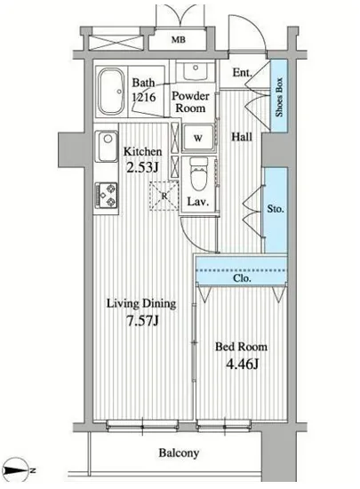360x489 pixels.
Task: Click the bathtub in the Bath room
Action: point(110,92)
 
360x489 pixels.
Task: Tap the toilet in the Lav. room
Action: point(198,174)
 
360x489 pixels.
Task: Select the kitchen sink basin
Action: point(107,146)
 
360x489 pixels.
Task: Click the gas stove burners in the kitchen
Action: point(107,196)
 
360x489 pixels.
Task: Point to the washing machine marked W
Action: point(198,138)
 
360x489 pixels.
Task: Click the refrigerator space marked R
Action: point(164,196)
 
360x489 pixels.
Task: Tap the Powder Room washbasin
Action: point(196,72)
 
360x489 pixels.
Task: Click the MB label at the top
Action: point(179,40)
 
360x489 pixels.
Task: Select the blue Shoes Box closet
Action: point(278,95)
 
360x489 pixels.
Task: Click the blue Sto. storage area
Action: point(276,210)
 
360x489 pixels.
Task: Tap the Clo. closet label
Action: point(242,278)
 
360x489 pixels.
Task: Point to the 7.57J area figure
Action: point(143,320)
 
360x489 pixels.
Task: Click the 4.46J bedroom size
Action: point(242,364)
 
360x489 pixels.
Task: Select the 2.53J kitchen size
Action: point(142,167)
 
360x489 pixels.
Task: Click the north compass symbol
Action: point(19,470)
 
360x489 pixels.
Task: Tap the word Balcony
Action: point(179,453)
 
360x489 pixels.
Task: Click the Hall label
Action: point(242,137)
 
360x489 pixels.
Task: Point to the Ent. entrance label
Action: point(242,73)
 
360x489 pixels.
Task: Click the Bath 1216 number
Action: point(144,97)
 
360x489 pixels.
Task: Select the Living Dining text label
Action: point(141,303)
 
